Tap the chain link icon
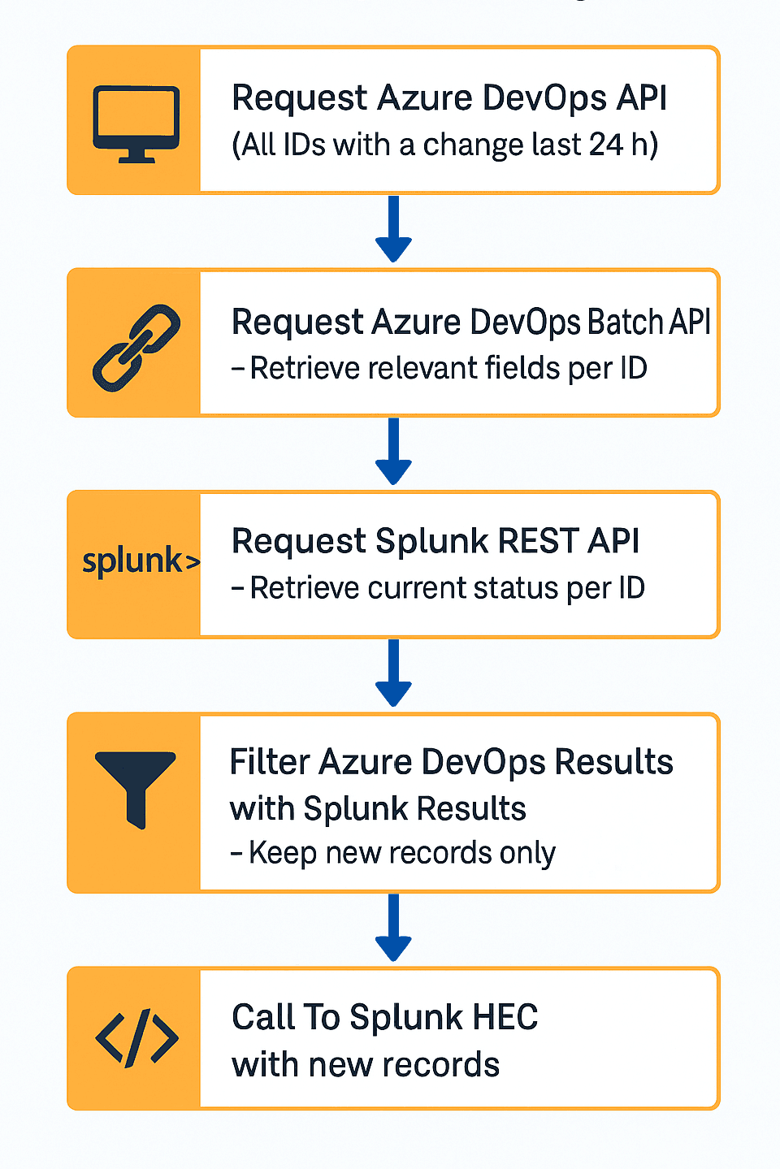(x=136, y=348)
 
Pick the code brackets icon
(x=136, y=1037)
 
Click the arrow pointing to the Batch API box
(x=393, y=231)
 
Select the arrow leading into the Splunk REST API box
(x=393, y=452)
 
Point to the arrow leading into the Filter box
(x=393, y=674)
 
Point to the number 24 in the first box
(x=605, y=145)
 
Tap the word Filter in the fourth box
(x=270, y=762)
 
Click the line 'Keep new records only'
(x=393, y=853)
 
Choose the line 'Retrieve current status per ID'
(x=439, y=587)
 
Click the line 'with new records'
(x=366, y=1064)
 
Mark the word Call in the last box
(x=263, y=1017)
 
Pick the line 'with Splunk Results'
(x=378, y=808)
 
